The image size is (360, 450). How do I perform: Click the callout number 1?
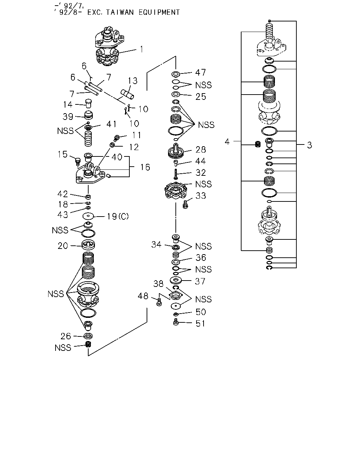pyautogui.click(x=142, y=49)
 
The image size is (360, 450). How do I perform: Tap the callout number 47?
pyautogui.click(x=200, y=72)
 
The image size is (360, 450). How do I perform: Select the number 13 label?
pyautogui.click(x=133, y=81)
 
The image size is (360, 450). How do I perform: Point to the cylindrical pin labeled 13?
pyautogui.click(x=127, y=94)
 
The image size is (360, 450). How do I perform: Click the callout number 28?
pyautogui.click(x=201, y=150)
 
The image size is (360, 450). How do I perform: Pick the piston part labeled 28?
pyautogui.click(x=176, y=151)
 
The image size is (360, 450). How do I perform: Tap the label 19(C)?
pyautogui.click(x=118, y=217)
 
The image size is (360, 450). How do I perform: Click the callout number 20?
pyautogui.click(x=63, y=246)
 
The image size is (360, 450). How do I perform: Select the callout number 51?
pyautogui.click(x=200, y=323)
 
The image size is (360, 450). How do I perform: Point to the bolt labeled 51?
pyautogui.click(x=176, y=322)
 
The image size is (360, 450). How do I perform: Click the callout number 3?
pyautogui.click(x=309, y=145)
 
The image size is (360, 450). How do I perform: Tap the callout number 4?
pyautogui.click(x=227, y=142)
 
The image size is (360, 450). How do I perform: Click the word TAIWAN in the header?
pyautogui.click(x=120, y=12)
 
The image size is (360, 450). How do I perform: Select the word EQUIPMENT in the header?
pyautogui.click(x=159, y=12)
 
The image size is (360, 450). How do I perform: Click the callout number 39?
pyautogui.click(x=68, y=117)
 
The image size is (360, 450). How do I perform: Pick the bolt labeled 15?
pyautogui.click(x=78, y=162)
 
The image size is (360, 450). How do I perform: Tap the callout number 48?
pyautogui.click(x=143, y=296)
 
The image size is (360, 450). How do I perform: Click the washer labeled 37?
pyautogui.click(x=176, y=280)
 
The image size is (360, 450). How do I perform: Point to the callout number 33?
pyautogui.click(x=201, y=196)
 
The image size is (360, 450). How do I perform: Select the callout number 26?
pyautogui.click(x=66, y=336)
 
